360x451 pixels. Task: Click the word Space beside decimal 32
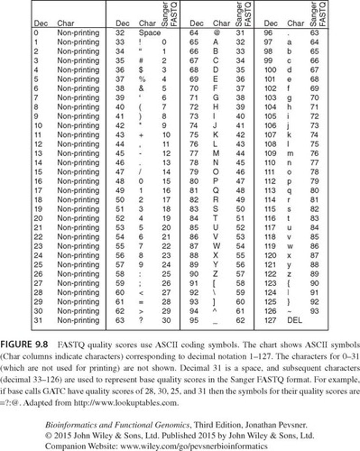(149, 33)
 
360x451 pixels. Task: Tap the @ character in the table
(216, 33)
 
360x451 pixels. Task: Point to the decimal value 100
(270, 70)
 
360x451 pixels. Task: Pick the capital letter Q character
(216, 190)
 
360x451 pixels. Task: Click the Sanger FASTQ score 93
(314, 311)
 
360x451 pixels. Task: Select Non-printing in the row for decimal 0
(78, 33)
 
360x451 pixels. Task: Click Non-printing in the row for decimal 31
(78, 321)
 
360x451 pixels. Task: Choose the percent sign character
(142, 79)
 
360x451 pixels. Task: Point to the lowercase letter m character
(291, 153)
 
